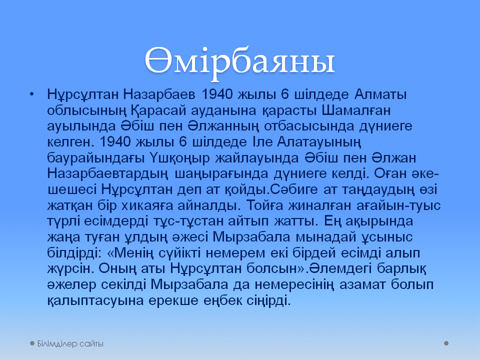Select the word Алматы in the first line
380,94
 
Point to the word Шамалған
356,110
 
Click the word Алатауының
319,142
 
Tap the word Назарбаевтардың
108,174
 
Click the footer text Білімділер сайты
70,344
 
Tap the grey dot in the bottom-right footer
446,343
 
